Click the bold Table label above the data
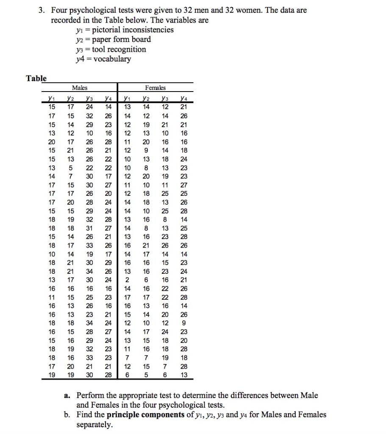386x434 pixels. coord(36,78)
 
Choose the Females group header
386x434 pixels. coord(155,88)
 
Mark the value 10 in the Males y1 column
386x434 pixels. coord(52,254)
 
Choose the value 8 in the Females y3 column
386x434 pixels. coord(165,220)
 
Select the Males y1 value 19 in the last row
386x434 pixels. coord(52,375)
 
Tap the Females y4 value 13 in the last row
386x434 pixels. coord(183,375)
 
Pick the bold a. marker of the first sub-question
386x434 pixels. coord(67,395)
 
